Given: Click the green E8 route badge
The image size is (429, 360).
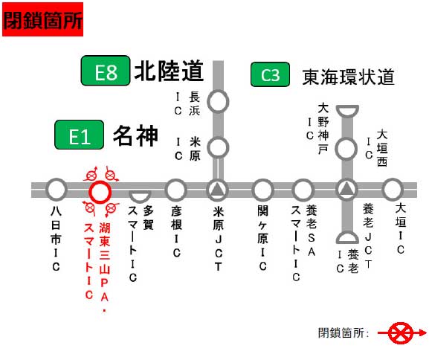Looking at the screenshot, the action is pos(106,71).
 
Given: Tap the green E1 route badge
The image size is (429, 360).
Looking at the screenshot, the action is pos(80,135).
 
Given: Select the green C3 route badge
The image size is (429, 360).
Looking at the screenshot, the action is pos(270,74).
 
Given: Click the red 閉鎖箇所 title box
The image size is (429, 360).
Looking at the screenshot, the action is pos(42,19).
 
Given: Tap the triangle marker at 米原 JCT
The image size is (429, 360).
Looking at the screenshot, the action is pos(218,189).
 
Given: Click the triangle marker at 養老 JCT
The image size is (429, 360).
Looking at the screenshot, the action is pos(346,189).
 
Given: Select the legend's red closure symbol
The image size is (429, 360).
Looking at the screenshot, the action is pos(401,333).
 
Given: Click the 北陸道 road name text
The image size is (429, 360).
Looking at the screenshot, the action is pos(169,71).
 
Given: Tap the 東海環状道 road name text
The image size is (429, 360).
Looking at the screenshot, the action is pos(348,77).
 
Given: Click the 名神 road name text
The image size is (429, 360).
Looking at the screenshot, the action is pos(135,135).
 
